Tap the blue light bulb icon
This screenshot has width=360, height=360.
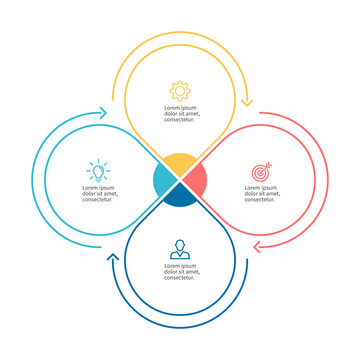coord(98,170)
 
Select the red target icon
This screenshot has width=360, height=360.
coord(260,172)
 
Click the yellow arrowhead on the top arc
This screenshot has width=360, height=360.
coord(247,100)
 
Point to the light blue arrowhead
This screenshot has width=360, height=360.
coord(103,114)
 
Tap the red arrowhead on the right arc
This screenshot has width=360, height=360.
coord(257,246)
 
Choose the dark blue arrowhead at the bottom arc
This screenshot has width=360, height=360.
coord(113,262)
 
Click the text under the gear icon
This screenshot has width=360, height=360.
coord(180,113)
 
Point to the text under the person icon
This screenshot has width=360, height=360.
coord(180,273)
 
